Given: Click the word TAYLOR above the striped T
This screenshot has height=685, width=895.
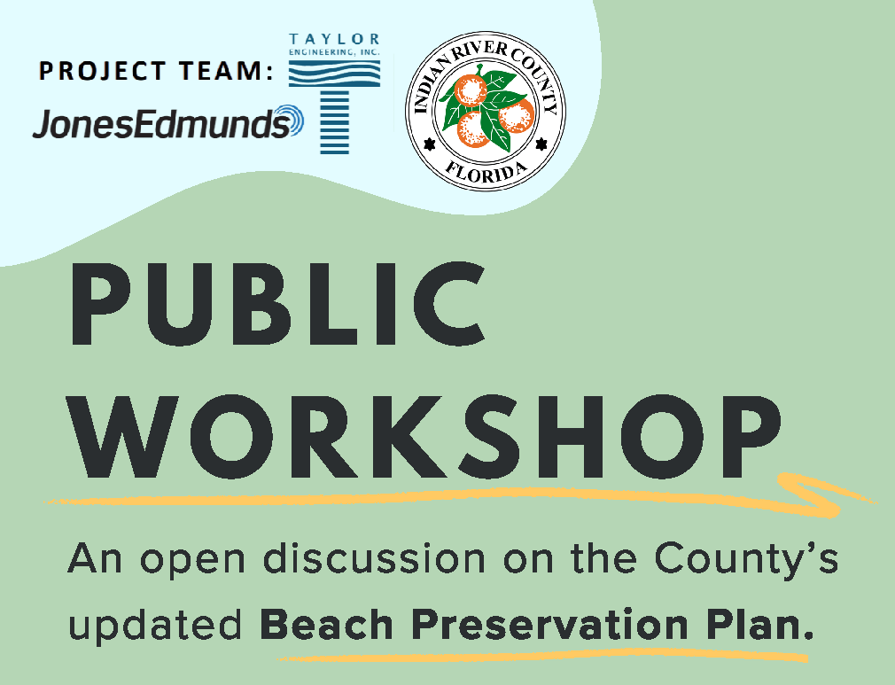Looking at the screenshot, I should click(335, 39).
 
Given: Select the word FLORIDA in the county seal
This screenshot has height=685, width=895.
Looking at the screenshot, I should click(485, 170).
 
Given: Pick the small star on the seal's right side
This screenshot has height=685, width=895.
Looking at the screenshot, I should click(541, 141).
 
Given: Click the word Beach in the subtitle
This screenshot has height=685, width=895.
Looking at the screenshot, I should click(315, 626).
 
